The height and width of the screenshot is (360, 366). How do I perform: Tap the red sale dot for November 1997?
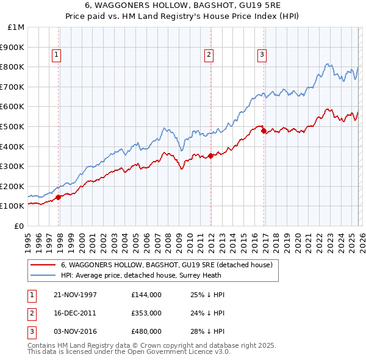pos(59,197)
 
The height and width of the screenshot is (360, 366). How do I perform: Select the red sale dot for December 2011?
pos(210,156)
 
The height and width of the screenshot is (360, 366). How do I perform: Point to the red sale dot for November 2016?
pos(264,130)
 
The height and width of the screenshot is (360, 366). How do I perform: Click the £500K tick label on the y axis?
pos(13,126)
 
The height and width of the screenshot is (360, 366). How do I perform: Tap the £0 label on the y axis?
pos(19,226)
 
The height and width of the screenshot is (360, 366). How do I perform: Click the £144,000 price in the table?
pos(146,295)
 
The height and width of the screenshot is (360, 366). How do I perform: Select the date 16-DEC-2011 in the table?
pos(75,313)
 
